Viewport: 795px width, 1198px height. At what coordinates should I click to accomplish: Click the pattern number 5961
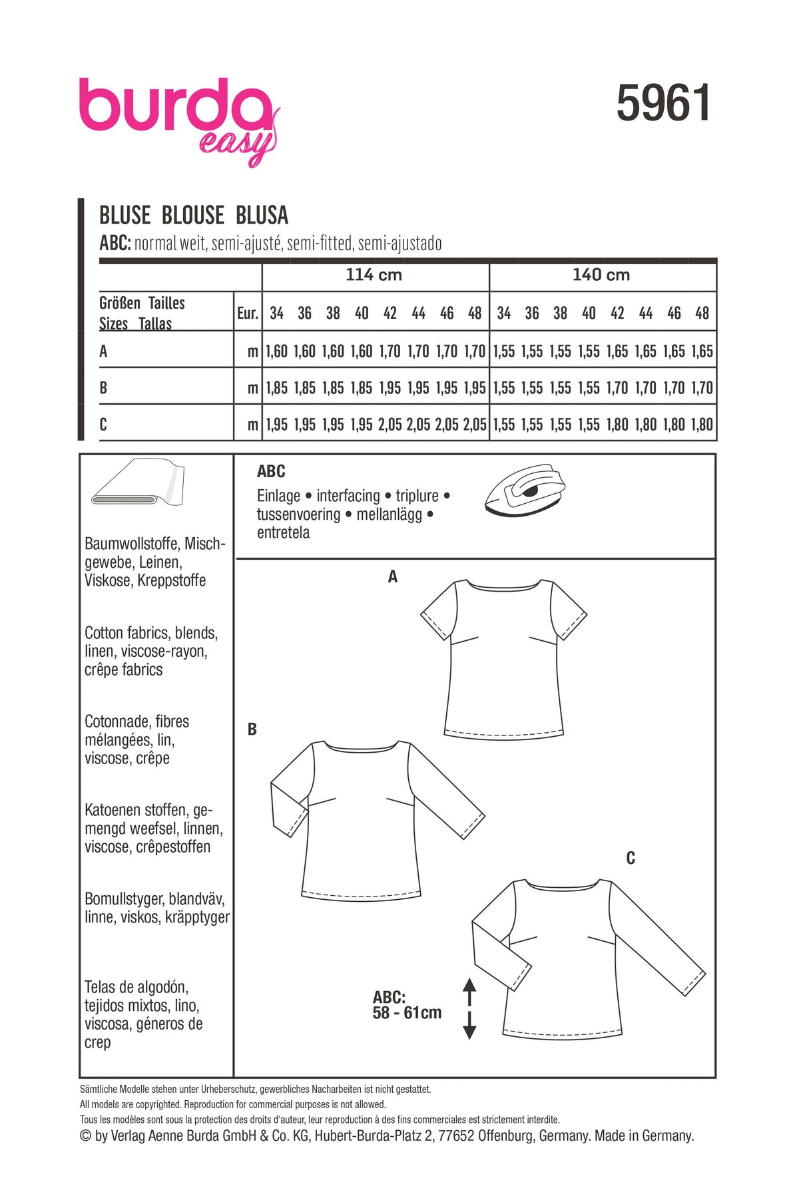[x=663, y=103]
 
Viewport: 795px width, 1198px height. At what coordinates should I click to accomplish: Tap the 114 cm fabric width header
[x=374, y=275]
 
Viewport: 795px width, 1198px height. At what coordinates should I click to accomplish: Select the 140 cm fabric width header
[x=601, y=275]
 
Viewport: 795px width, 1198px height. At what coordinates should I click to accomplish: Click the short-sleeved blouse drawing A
[x=503, y=659]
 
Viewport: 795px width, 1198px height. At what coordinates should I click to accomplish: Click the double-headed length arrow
[x=469, y=1008]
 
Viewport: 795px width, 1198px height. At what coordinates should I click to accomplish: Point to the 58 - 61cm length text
[x=407, y=1013]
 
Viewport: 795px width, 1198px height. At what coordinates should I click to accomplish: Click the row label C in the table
[x=103, y=425]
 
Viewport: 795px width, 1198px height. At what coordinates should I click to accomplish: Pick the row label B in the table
[x=103, y=388]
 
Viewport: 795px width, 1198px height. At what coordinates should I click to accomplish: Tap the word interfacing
[x=348, y=496]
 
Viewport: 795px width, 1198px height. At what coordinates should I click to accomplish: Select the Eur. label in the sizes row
[x=248, y=313]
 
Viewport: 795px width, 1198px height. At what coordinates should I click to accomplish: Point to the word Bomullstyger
[x=124, y=899]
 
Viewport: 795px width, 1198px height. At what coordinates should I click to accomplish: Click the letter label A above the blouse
[x=393, y=577]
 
